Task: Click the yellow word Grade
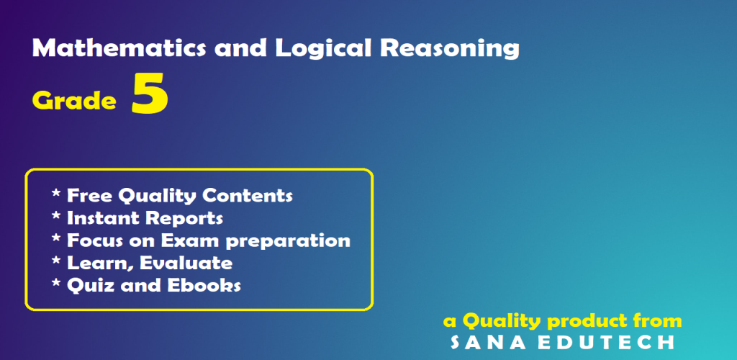(x=74, y=100)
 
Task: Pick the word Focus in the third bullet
(x=97, y=240)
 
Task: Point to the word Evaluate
(x=186, y=263)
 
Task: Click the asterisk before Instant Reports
(x=56, y=216)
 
